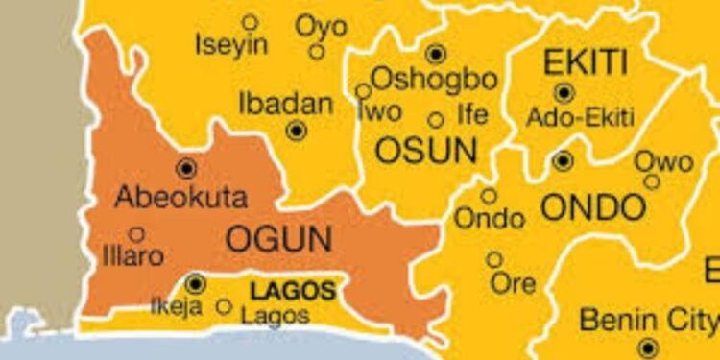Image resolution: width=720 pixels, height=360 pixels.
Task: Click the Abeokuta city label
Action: pos(180,198)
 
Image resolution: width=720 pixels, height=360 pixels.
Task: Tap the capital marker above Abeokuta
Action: pos(186,169)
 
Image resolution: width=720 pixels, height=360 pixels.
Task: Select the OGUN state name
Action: pos(277,238)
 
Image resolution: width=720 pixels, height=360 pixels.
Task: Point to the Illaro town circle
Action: pos(136,233)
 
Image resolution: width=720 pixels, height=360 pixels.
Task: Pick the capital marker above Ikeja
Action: pos(196,283)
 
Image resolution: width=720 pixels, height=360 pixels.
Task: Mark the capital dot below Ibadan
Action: pos(297,130)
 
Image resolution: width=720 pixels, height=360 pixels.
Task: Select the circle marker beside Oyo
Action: pos(316,52)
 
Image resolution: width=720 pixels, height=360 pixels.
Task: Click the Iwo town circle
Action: pos(363,91)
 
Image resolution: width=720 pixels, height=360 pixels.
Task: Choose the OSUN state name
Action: pos(426,150)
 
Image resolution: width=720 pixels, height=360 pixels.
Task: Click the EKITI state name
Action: pos(586,63)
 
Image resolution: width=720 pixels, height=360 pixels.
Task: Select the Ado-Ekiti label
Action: pos(580,118)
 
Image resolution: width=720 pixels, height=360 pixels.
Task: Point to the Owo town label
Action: pos(663,162)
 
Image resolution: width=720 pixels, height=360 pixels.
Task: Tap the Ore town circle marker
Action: pos(493,259)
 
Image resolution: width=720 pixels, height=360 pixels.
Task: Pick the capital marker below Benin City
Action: pos(649,348)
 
